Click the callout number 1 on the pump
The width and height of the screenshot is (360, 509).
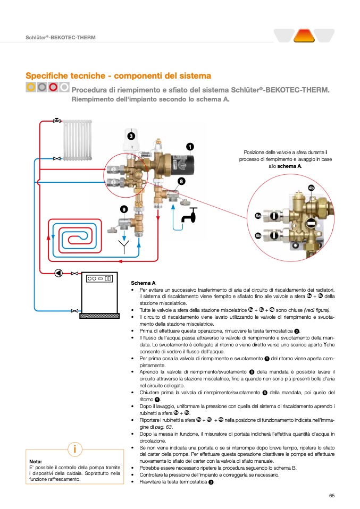(x=189, y=146)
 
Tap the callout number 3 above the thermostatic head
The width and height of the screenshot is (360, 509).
(x=131, y=136)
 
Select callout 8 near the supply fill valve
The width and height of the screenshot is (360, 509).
(x=181, y=181)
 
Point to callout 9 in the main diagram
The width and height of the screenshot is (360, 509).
(x=123, y=209)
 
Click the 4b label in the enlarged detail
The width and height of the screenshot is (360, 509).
(x=312, y=188)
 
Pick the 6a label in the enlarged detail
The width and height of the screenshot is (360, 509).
(x=257, y=216)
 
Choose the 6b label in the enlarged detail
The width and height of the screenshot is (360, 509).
(x=257, y=235)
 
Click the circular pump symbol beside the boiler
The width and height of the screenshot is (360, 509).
(x=58, y=273)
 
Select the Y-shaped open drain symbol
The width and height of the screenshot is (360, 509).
(x=123, y=246)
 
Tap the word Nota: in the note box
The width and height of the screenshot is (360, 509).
(x=36, y=461)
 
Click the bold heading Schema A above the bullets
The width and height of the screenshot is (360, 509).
(x=143, y=283)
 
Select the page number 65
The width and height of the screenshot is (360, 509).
(x=331, y=495)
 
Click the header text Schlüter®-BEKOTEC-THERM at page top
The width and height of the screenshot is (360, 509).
(x=61, y=38)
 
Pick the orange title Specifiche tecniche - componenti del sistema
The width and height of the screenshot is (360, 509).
(x=118, y=76)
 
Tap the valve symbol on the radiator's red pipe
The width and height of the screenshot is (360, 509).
(x=56, y=121)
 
